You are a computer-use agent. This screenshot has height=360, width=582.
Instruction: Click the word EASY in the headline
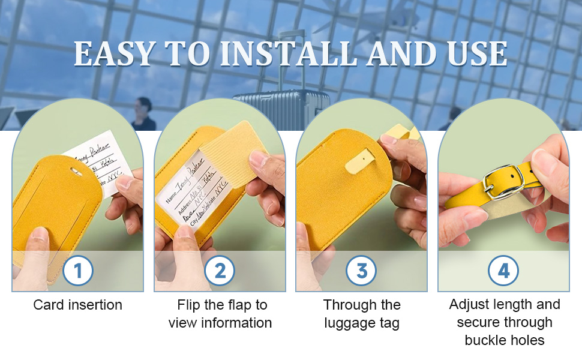tap(114, 54)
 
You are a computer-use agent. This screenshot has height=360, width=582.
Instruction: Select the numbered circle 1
tap(78, 271)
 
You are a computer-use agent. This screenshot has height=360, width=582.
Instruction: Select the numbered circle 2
tap(220, 271)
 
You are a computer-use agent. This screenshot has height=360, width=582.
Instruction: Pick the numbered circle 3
tap(362, 271)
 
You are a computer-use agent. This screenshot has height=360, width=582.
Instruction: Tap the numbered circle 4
tap(503, 271)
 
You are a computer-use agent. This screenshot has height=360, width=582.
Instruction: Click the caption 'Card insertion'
tap(78, 305)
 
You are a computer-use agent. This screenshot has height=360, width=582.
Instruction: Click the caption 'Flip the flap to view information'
tap(220, 314)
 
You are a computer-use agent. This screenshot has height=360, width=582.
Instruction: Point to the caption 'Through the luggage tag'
tap(362, 314)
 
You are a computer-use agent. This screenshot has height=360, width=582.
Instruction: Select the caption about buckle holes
tap(504, 322)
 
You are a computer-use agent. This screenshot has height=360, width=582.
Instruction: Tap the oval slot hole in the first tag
tap(77, 172)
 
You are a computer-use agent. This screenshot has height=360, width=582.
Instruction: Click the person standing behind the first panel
tap(143, 114)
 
